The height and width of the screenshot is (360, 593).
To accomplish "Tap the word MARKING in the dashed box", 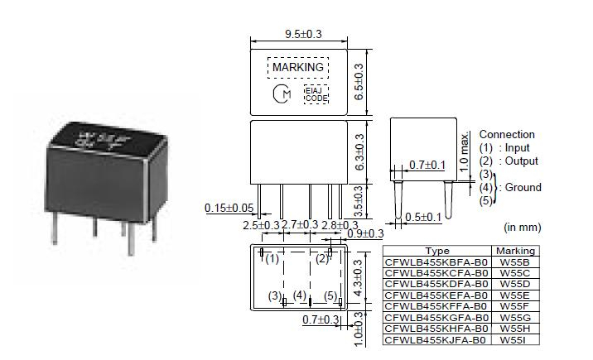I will (298, 67).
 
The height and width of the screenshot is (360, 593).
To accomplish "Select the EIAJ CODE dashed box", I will (316, 94).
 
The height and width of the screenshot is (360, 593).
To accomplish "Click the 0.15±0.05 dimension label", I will (229, 207).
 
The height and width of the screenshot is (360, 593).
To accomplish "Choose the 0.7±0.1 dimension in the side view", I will (429, 166).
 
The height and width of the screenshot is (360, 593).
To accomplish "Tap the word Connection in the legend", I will (507, 134).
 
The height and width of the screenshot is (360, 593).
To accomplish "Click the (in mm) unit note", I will (522, 226).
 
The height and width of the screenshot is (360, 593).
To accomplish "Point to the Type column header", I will (436, 251).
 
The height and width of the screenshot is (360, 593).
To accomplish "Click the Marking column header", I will (515, 251).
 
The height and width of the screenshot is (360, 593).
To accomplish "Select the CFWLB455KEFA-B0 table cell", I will (436, 294).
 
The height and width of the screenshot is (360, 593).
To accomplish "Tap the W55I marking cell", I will (514, 340).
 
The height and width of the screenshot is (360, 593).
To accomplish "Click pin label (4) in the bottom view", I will (300, 295).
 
